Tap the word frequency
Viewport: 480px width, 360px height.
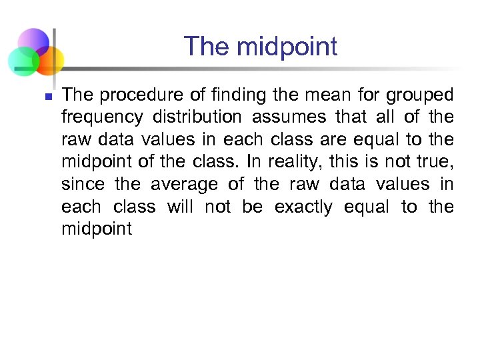(102, 118)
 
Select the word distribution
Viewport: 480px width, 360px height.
(197, 117)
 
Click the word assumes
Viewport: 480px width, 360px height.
(290, 117)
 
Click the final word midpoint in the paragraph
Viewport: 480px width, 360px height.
(97, 230)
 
